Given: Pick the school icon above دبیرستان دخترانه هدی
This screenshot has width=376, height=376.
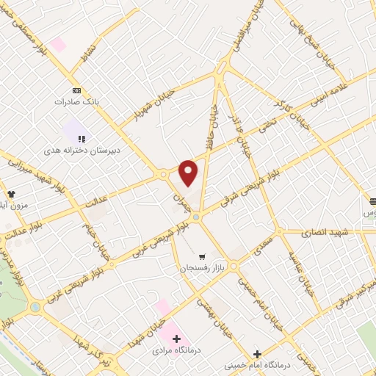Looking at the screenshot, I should click(x=82, y=137).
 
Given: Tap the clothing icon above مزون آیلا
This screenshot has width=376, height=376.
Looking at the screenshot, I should click(x=12, y=193).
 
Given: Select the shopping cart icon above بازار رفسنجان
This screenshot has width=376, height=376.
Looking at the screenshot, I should click(x=202, y=256).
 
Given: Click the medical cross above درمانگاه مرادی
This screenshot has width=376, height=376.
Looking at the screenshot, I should click(x=176, y=339).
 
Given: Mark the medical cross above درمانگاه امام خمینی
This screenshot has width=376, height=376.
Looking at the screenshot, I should click(x=256, y=353).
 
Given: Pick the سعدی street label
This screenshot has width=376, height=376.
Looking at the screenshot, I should click(x=261, y=247).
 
